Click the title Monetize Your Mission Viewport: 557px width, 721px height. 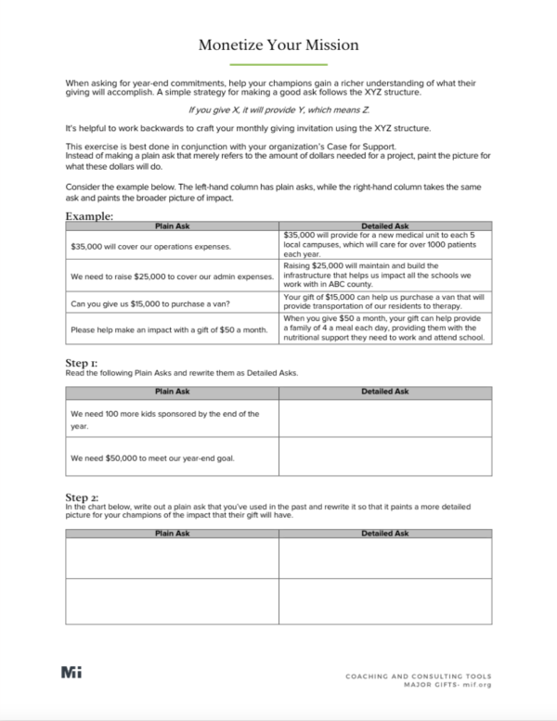point(278,45)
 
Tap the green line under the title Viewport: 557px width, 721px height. point(278,65)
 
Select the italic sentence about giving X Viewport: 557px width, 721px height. point(278,109)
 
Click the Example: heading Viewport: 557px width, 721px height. point(89,216)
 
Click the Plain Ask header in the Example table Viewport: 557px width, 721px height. point(172,225)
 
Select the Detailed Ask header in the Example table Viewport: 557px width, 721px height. point(384,225)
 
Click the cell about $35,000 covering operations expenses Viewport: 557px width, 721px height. point(172,247)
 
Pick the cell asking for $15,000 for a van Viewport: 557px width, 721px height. point(172,303)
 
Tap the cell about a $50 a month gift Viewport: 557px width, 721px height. point(172,329)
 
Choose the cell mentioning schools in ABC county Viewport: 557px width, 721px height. point(384,276)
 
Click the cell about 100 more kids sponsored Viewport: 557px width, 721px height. point(172,419)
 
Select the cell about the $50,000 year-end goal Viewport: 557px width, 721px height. point(172,457)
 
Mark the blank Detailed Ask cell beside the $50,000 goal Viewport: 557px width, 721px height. point(384,457)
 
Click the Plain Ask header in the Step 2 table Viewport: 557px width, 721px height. point(172,534)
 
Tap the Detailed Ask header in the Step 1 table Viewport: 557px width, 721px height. point(384,392)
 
